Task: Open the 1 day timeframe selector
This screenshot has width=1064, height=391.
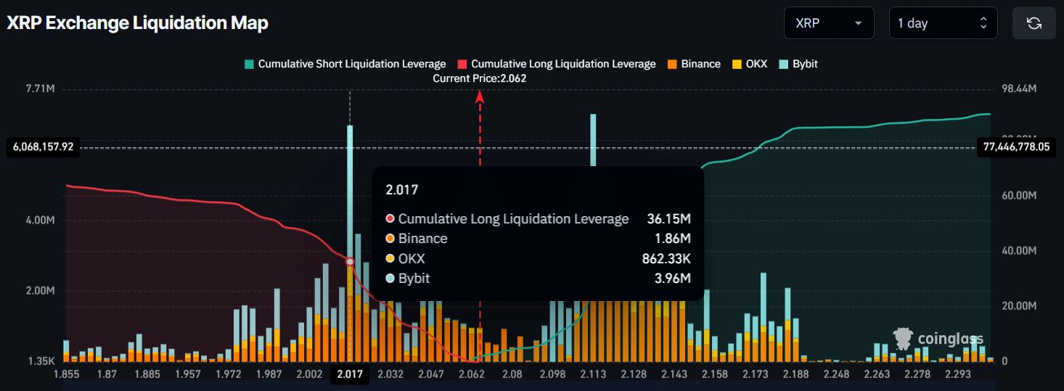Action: click(943, 23)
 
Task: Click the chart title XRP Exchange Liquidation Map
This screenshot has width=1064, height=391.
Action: click(138, 23)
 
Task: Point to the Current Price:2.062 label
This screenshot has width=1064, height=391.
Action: click(479, 78)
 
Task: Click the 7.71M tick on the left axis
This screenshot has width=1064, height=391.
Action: click(41, 89)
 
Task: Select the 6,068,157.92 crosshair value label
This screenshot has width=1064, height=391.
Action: click(43, 147)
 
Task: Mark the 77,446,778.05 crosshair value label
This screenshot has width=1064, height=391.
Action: click(1016, 147)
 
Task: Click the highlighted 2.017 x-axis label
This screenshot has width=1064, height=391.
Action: click(350, 374)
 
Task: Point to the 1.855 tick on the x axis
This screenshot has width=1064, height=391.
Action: click(66, 374)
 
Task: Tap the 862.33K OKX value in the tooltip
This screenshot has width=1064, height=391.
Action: click(663, 259)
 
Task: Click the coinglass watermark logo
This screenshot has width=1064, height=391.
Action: click(938, 338)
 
